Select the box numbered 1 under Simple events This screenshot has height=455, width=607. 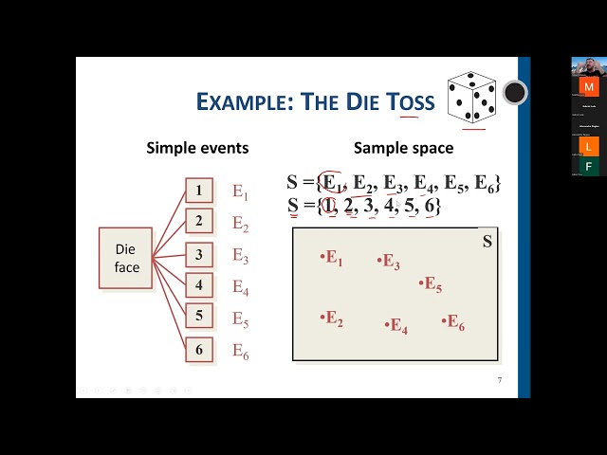[x=199, y=191]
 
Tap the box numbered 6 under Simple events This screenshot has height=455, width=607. [x=199, y=350]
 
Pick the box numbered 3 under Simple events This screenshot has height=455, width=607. [x=199, y=254]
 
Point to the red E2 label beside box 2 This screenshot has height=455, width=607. [x=240, y=225]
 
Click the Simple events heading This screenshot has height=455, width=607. [x=197, y=148]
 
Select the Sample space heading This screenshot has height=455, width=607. [x=403, y=148]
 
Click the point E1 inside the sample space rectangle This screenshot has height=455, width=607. [x=332, y=258]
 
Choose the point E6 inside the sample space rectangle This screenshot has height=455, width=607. [x=453, y=322]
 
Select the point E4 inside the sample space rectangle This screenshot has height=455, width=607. [x=396, y=326]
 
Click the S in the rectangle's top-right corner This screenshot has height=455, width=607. [x=487, y=242]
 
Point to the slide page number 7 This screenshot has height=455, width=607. [x=500, y=381]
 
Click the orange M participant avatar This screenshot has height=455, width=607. [x=589, y=86]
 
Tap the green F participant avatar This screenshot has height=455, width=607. [x=589, y=166]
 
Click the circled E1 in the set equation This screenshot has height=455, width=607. [x=332, y=183]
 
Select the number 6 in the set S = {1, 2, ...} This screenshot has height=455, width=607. [x=430, y=205]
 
